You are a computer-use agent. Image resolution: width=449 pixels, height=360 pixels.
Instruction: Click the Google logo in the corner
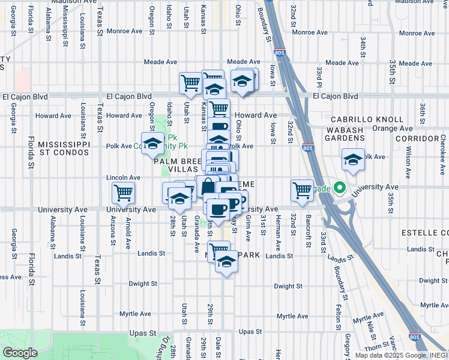19,352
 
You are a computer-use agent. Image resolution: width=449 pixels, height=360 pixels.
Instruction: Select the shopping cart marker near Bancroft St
302,190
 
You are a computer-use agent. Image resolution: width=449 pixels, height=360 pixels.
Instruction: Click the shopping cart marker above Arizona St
123,193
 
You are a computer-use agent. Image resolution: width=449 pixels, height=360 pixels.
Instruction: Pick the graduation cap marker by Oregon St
153,143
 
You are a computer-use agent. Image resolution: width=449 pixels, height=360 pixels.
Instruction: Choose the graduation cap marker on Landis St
226,262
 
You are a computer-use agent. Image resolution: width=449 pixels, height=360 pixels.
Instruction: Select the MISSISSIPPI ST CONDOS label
64,148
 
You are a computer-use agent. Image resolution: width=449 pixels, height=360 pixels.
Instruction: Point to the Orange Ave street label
393,128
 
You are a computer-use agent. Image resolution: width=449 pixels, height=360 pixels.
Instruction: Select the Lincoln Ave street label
123,178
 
